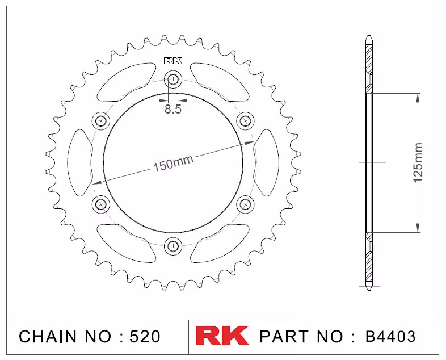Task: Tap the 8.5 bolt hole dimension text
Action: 173,109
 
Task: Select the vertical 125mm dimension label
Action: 418,162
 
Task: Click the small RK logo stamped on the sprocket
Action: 173,61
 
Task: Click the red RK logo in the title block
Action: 222,336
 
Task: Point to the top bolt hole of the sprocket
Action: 173,79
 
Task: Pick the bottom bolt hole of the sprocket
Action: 173,246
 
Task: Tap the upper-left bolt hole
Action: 100,121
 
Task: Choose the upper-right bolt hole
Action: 245,121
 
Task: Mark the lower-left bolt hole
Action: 100,204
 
